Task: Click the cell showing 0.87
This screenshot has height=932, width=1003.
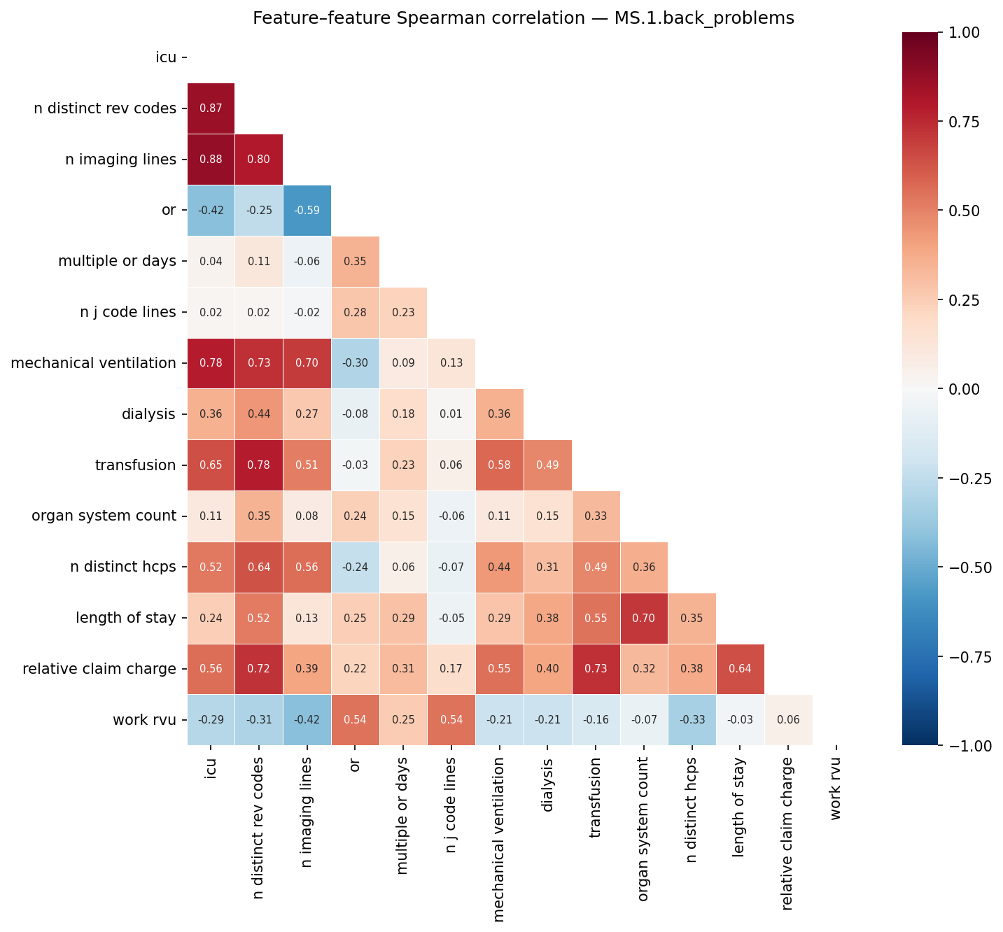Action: click(211, 108)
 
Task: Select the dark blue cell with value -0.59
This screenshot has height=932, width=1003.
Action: click(307, 211)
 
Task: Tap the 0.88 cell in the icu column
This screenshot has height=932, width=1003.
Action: click(211, 160)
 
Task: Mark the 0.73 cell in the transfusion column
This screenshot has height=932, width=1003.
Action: click(596, 669)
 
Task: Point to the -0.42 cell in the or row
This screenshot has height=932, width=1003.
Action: click(211, 211)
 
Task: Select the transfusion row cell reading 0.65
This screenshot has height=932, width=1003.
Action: click(211, 465)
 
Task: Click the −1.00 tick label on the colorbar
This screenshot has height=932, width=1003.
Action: click(969, 746)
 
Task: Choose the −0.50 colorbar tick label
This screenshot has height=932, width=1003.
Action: click(969, 567)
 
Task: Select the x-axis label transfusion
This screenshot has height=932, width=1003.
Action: click(596, 789)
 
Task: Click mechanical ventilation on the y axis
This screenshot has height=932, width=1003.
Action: click(93, 363)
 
